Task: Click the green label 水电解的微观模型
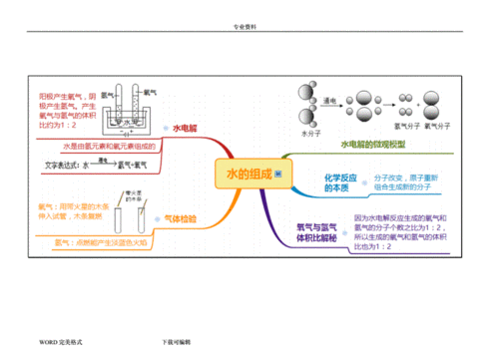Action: coord(373,145)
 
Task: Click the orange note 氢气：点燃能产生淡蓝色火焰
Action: coord(100,241)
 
